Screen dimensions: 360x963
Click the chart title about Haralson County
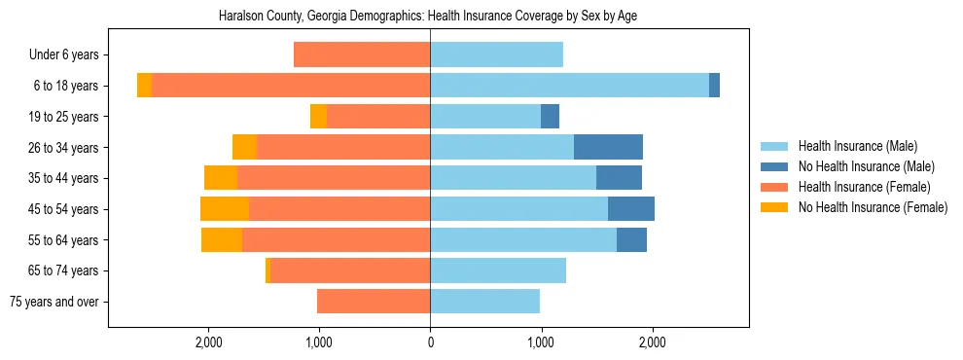pos(429,17)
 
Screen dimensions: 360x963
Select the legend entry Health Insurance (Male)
pos(857,146)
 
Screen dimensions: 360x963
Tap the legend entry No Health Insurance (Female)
pos(872,207)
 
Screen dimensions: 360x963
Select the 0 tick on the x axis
pos(430,342)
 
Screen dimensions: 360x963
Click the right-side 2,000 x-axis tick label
pos(652,342)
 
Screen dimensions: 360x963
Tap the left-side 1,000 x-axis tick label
pos(319,342)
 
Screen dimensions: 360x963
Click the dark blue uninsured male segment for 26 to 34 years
pos(608,147)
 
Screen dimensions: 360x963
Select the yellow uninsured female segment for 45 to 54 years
pos(225,209)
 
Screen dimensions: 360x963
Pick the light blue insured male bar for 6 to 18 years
pos(569,86)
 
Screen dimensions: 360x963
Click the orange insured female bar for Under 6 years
pos(362,55)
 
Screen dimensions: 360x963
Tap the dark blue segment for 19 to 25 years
pos(550,117)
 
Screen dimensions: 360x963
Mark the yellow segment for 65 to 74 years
pos(267,270)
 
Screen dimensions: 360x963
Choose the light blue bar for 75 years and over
pos(484,302)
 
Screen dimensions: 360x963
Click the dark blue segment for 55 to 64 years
pos(631,239)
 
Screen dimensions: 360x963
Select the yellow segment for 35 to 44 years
pos(221,178)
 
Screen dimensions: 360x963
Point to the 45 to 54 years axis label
pos(63,209)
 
